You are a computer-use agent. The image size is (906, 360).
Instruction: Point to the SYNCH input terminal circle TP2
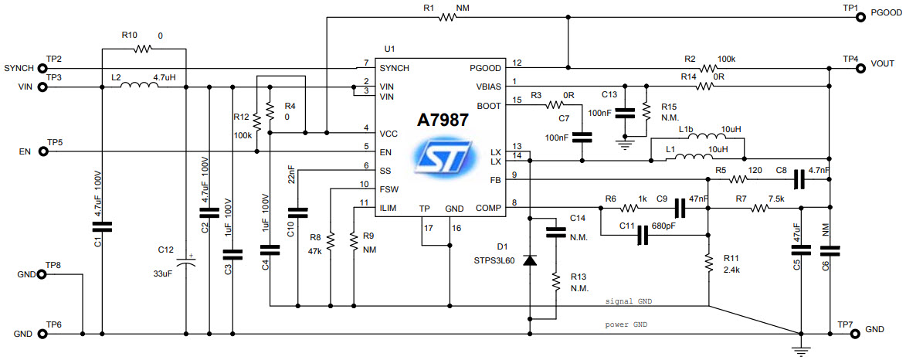pos(41,68)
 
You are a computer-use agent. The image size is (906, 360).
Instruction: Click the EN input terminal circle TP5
pos(41,151)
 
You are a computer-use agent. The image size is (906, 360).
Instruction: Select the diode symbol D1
pos(530,260)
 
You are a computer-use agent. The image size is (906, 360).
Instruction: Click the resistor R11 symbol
pos(708,264)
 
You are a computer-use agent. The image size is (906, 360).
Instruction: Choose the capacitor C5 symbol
pos(802,249)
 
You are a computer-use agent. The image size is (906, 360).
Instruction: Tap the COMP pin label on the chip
pos(488,208)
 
